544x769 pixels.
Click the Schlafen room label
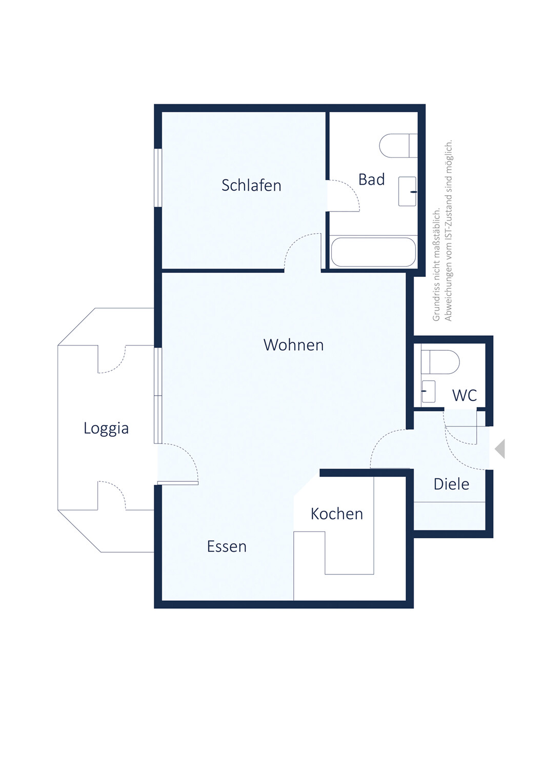click(x=251, y=185)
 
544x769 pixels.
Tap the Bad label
click(x=371, y=179)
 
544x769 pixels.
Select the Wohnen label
click(x=294, y=345)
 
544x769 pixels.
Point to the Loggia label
click(x=106, y=428)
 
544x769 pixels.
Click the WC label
click(x=465, y=395)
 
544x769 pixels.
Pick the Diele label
click(x=451, y=484)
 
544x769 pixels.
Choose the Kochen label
click(x=336, y=514)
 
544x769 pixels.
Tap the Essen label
click(x=227, y=546)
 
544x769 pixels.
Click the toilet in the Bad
click(x=398, y=146)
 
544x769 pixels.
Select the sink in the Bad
click(x=407, y=191)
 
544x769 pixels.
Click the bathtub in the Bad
click(x=373, y=252)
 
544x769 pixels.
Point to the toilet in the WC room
click(x=440, y=362)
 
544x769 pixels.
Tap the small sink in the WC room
click(x=428, y=391)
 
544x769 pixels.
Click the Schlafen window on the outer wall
click(x=157, y=177)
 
